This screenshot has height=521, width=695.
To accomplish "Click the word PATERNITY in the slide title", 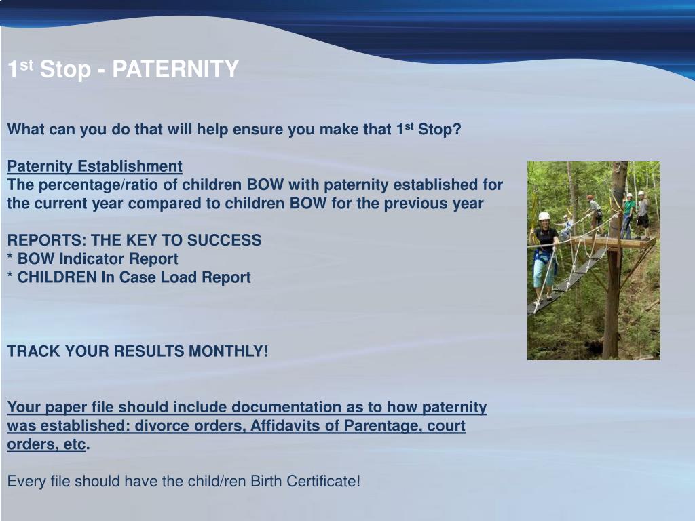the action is (x=175, y=69).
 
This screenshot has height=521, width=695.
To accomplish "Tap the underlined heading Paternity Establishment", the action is (x=94, y=166).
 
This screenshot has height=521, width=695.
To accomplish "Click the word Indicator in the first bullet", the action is (x=92, y=258).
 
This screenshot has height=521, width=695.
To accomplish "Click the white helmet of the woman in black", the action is (x=544, y=216).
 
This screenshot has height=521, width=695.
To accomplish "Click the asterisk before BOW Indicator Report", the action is (x=10, y=257).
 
